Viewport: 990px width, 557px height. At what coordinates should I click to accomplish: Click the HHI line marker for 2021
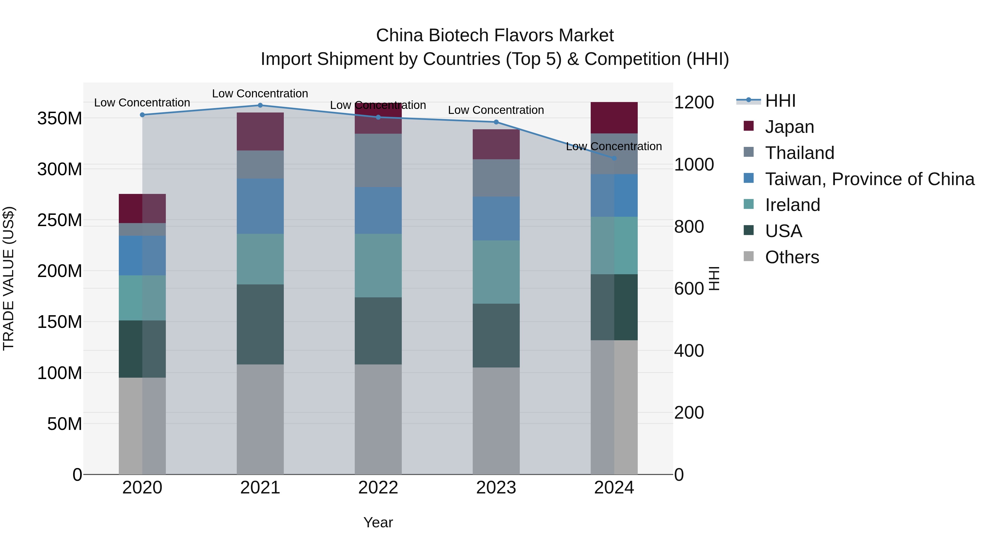click(x=260, y=105)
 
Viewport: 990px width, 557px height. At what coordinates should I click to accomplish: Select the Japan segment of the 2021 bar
click(x=260, y=131)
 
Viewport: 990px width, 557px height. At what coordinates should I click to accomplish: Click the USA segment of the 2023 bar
click(x=496, y=335)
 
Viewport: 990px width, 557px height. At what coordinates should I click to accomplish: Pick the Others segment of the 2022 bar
click(x=378, y=419)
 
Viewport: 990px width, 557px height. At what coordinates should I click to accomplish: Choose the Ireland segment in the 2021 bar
click(x=260, y=259)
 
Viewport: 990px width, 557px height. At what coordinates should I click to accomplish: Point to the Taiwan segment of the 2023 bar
click(x=496, y=218)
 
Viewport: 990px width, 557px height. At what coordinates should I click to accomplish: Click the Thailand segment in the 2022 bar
click(x=378, y=160)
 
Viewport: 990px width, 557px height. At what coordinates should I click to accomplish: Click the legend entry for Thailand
click(x=799, y=153)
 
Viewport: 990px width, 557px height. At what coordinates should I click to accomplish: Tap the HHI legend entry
click(x=780, y=101)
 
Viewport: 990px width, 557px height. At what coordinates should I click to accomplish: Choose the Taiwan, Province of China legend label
click(x=869, y=179)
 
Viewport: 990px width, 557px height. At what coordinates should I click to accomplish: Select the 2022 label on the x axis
click(x=378, y=488)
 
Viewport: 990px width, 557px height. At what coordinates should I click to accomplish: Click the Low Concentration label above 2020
click(x=142, y=103)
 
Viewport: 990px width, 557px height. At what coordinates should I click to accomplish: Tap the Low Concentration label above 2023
click(x=496, y=110)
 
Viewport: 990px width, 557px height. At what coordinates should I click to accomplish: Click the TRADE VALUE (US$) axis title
click(x=9, y=278)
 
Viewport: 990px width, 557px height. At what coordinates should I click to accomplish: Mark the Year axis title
click(x=378, y=522)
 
